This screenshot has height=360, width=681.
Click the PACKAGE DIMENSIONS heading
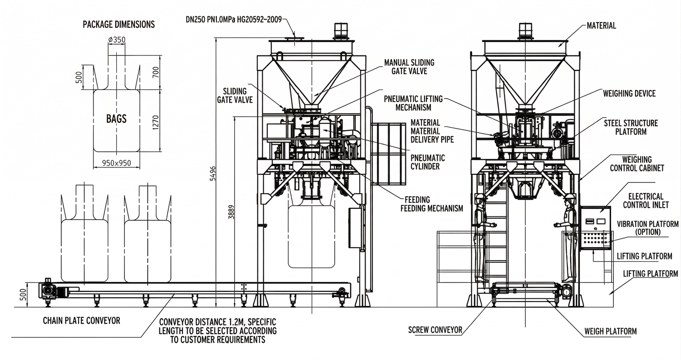pyautogui.click(x=118, y=25)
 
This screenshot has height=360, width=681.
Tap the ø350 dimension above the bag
pyautogui.click(x=117, y=40)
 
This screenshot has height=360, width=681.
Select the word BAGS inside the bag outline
pyautogui.click(x=116, y=119)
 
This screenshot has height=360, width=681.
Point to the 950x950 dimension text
pyautogui.click(x=117, y=163)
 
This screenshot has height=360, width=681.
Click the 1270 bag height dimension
pyautogui.click(x=156, y=121)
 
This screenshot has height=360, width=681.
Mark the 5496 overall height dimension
pyautogui.click(x=213, y=173)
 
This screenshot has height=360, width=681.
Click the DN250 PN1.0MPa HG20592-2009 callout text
pyautogui.click(x=233, y=20)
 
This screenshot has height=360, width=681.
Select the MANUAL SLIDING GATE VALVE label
pyautogui.click(x=409, y=67)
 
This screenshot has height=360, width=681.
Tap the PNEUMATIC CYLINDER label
pyautogui.click(x=428, y=162)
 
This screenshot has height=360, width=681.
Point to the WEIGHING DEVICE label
pyautogui.click(x=629, y=94)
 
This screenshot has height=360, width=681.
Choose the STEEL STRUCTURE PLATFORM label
pyautogui.click(x=631, y=127)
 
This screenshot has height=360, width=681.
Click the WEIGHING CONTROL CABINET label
pyautogui.click(x=637, y=164)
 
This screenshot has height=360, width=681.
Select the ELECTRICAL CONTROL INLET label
pyautogui.click(x=646, y=201)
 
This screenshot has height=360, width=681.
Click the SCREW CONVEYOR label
pyautogui.click(x=435, y=330)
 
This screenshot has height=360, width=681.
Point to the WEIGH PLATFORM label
pyautogui.click(x=610, y=331)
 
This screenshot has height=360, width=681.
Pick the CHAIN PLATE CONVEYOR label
pyautogui.click(x=82, y=321)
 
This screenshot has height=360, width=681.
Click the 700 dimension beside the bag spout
pyautogui.click(x=156, y=72)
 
